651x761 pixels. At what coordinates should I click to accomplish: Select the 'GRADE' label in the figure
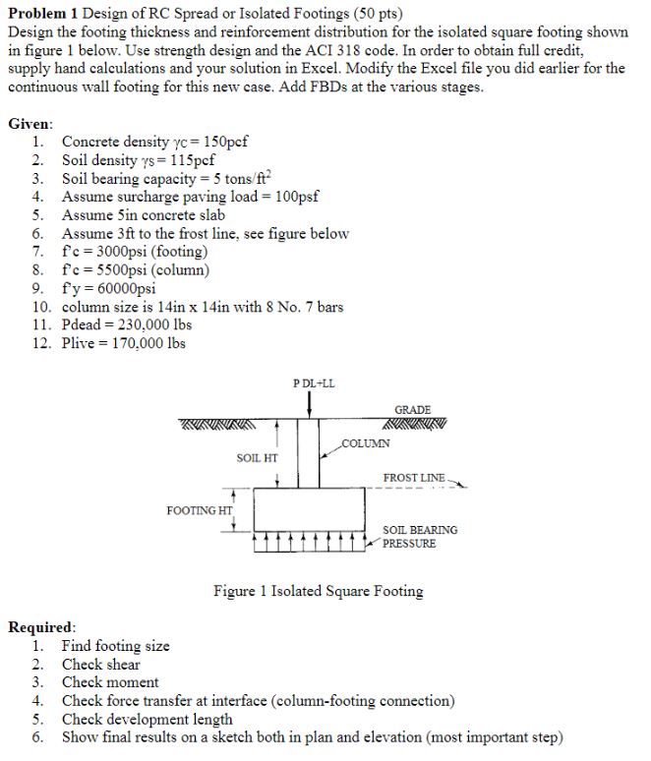(x=412, y=409)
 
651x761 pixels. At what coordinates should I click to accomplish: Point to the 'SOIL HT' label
(x=258, y=458)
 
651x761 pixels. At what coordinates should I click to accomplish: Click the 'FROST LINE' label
(x=413, y=478)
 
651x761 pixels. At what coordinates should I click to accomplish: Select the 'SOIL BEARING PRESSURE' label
(x=419, y=537)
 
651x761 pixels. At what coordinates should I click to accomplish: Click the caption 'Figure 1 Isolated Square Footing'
(x=319, y=591)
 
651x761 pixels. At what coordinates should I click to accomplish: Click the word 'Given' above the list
(x=30, y=125)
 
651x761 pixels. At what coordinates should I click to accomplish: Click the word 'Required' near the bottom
(x=40, y=627)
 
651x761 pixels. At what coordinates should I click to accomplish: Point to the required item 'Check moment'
(x=110, y=682)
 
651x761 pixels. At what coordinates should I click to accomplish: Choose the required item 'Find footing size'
(x=115, y=646)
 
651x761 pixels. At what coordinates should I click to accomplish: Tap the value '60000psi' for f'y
(x=121, y=288)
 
